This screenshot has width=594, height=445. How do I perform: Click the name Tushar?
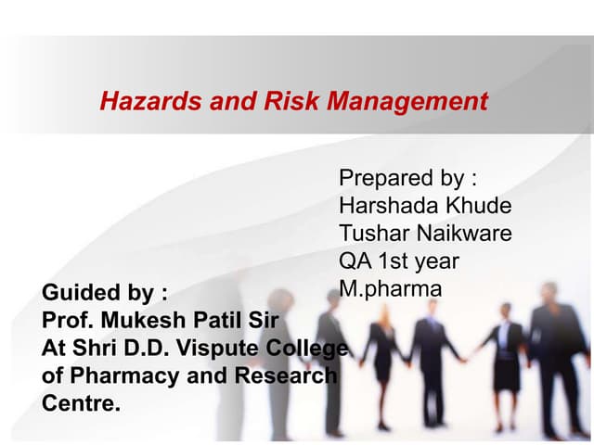[x=370, y=234]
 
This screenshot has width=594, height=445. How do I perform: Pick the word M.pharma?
[x=390, y=289]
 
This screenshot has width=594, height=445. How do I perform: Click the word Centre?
[x=82, y=404]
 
